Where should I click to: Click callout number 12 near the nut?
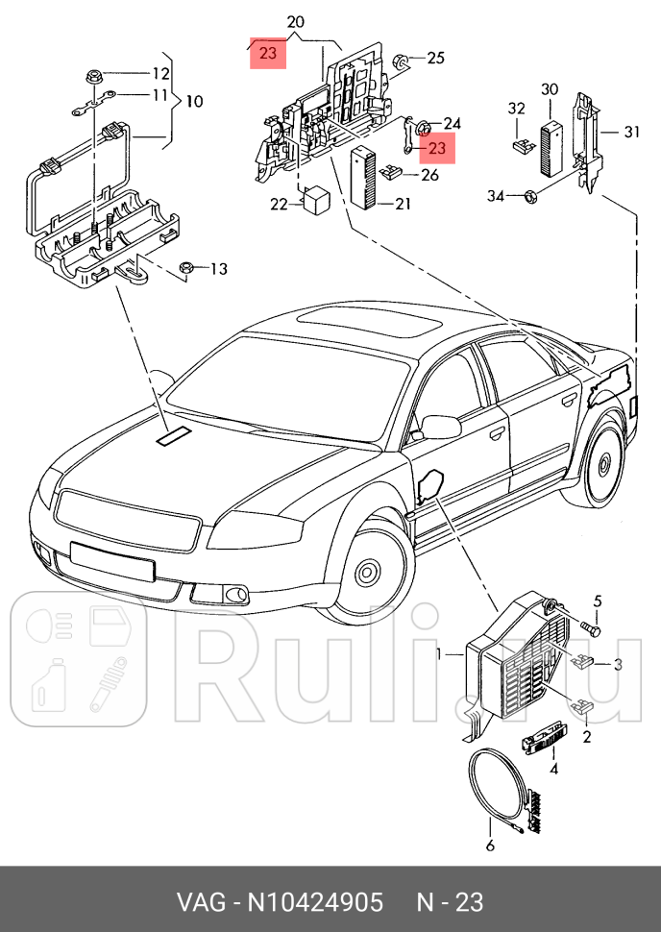coord(160,73)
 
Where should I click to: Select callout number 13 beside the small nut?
coord(219,268)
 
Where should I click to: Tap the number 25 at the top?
coord(435,58)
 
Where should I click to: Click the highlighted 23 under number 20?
coord(268,54)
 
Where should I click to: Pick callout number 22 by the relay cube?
coord(279,204)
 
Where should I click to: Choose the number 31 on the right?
coord(630,132)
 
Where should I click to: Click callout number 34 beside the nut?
coord(495,196)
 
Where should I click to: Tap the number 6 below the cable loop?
coord(489,846)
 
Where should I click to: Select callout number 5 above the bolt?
coord(597,602)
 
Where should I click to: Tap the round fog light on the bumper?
coord(233,596)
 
